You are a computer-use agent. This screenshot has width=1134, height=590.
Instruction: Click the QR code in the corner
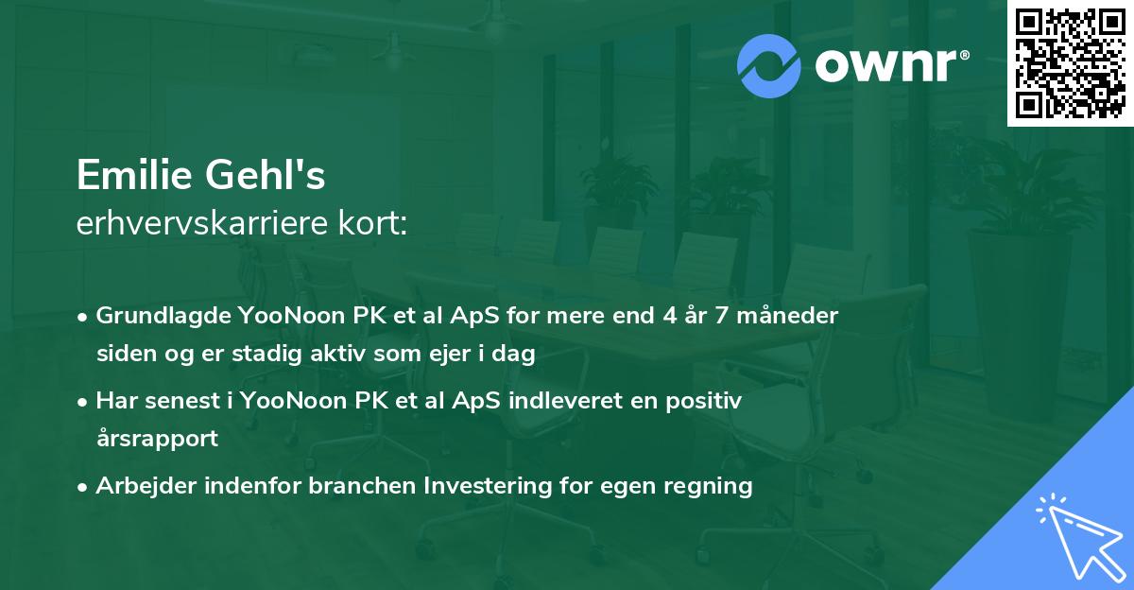(x=1070, y=63)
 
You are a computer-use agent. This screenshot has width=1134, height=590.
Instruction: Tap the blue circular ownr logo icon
(x=768, y=66)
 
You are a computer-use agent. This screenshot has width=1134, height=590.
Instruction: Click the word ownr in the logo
(x=885, y=65)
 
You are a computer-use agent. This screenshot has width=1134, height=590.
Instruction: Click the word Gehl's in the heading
(x=265, y=175)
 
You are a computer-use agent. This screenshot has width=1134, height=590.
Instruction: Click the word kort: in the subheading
(x=372, y=223)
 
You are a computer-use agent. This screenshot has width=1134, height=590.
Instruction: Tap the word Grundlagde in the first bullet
(x=163, y=317)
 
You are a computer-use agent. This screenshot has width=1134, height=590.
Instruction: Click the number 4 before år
(x=670, y=316)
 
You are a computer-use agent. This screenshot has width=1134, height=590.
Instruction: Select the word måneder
(x=787, y=316)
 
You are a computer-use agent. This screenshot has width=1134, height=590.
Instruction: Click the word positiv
(x=704, y=401)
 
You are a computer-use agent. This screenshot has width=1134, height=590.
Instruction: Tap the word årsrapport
(x=158, y=439)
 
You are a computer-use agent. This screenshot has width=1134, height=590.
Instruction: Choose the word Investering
(x=488, y=486)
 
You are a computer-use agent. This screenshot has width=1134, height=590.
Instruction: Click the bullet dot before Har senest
(x=82, y=403)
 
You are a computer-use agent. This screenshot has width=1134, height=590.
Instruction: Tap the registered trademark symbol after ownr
(x=964, y=55)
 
